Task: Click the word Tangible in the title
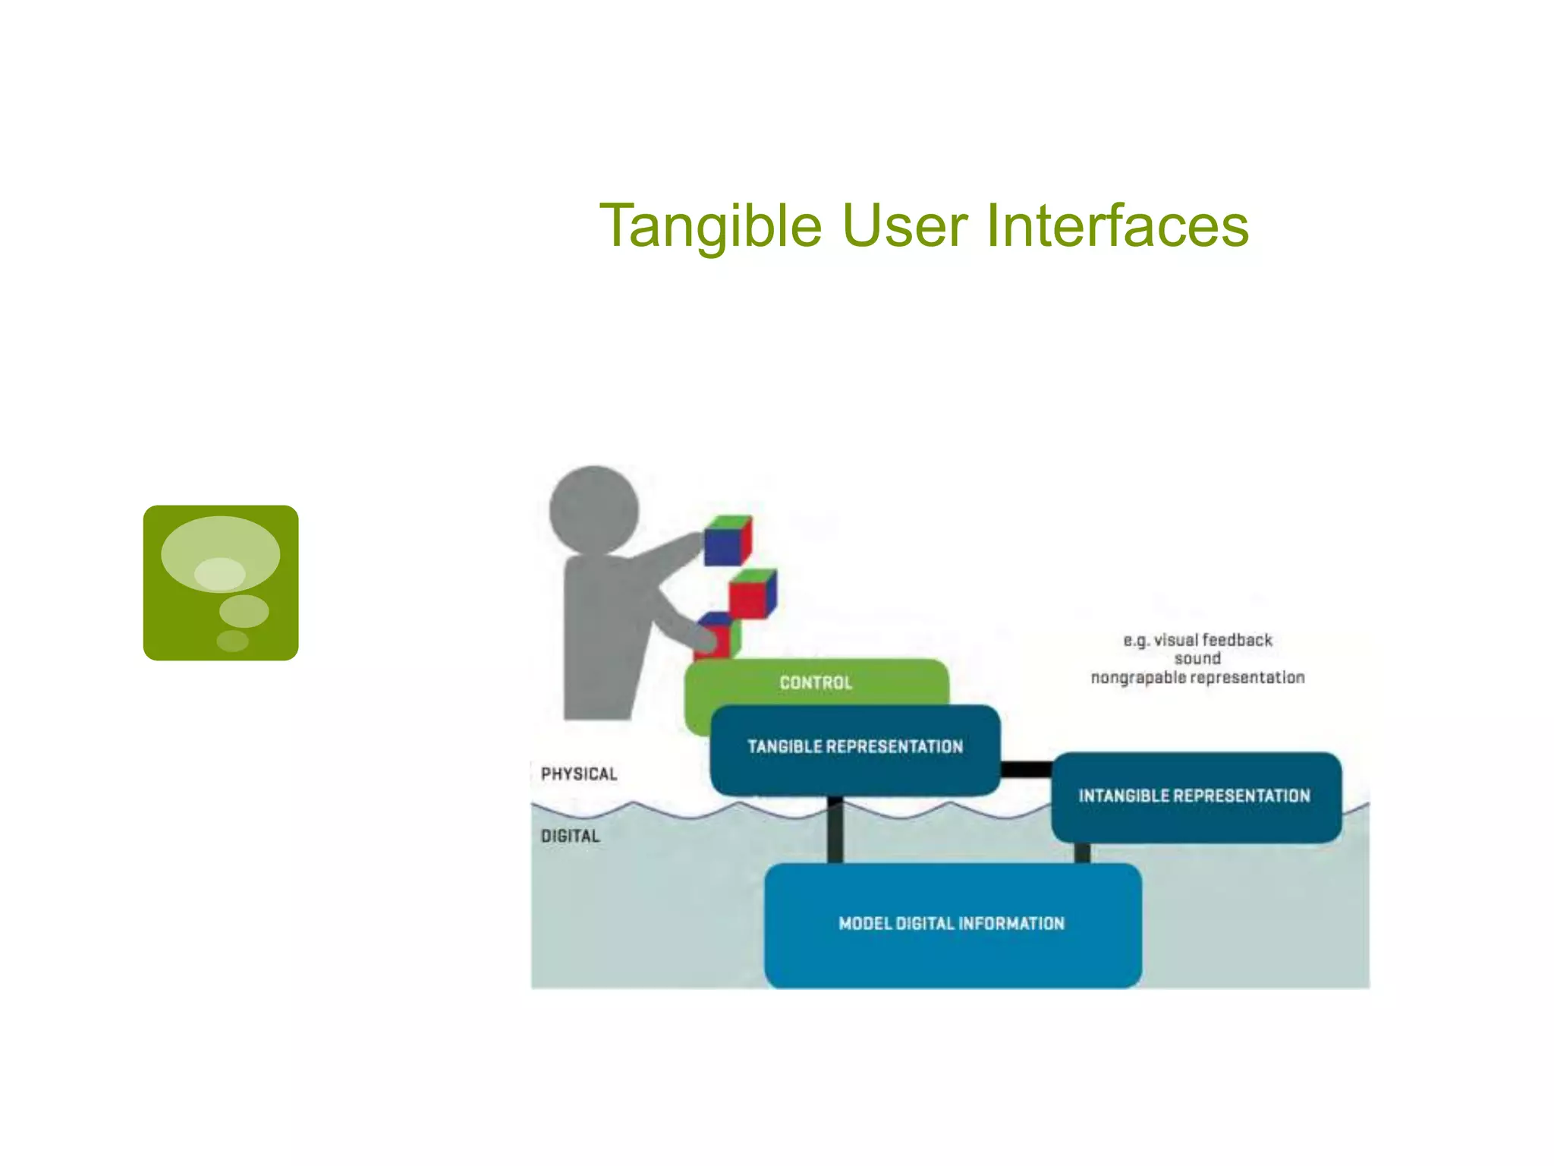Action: (x=710, y=226)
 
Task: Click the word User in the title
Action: (x=904, y=226)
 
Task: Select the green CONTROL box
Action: (x=816, y=682)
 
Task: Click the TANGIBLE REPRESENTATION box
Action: (x=855, y=747)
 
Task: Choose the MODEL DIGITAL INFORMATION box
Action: (x=952, y=924)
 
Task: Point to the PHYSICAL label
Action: (x=579, y=774)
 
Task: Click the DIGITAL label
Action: (x=570, y=836)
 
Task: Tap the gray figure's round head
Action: (x=594, y=509)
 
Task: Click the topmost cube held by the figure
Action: (x=727, y=540)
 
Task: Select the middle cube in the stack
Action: (x=752, y=594)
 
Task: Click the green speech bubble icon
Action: (x=221, y=582)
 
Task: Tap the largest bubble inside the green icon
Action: (x=220, y=553)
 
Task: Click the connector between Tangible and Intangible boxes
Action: (x=1026, y=770)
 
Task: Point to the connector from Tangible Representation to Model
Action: (x=835, y=830)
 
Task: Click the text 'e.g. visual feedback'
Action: (x=1197, y=640)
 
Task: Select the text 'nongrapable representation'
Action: (x=1197, y=677)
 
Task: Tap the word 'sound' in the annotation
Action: (x=1197, y=658)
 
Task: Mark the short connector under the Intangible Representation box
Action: (x=1083, y=853)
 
